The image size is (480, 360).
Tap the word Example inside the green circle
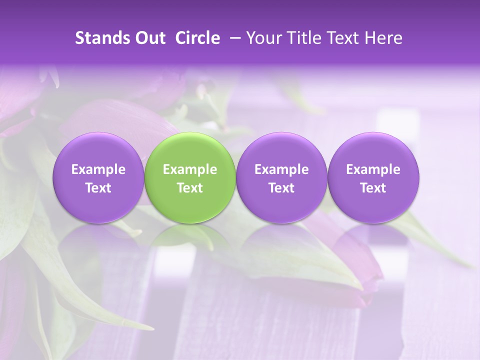coord(190,169)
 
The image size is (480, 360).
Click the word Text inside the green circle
coord(190,188)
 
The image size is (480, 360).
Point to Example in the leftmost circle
coord(98,169)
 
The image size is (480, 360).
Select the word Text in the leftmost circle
coord(98,188)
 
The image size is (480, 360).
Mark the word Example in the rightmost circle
coord(373,169)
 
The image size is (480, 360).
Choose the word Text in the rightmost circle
coord(373,188)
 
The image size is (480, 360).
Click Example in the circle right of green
coord(281,169)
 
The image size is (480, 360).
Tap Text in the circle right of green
coord(281,188)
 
